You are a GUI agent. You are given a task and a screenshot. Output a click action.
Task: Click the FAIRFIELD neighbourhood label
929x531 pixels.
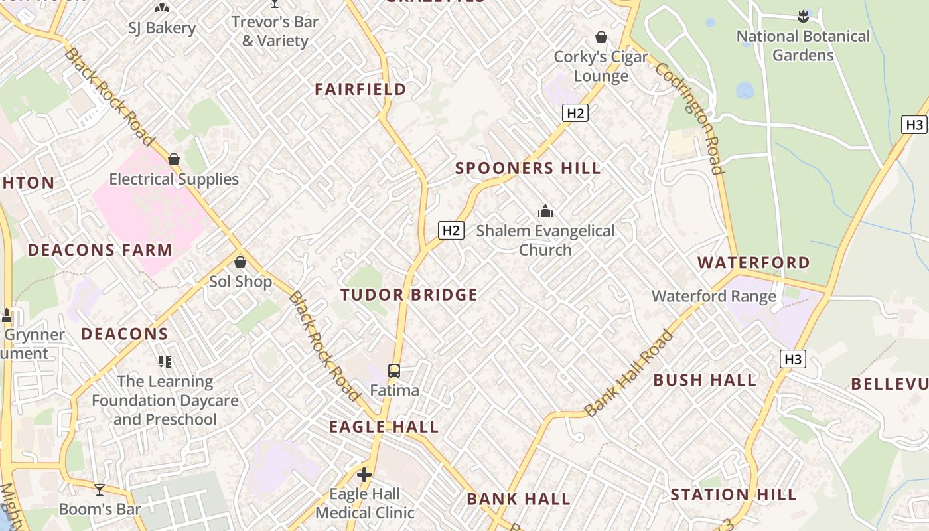(x=360, y=89)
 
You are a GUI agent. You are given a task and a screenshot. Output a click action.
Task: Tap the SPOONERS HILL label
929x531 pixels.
(x=528, y=168)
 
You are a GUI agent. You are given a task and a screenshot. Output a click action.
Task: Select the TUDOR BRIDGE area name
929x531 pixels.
(x=409, y=295)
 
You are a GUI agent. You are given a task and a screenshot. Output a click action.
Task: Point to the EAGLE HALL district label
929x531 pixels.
(x=384, y=427)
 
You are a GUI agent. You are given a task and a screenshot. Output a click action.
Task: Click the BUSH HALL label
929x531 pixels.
(x=705, y=380)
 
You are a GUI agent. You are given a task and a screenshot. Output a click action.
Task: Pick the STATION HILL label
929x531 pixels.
(x=733, y=494)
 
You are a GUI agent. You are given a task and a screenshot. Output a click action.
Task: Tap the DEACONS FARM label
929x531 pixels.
(x=100, y=250)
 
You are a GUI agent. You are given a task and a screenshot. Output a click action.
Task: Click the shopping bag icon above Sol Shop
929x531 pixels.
(x=240, y=262)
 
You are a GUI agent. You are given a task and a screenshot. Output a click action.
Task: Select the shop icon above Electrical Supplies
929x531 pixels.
(x=174, y=159)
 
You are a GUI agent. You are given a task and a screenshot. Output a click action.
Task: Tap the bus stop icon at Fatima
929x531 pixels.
(x=394, y=371)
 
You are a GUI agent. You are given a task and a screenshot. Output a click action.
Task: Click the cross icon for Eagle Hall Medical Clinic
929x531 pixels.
(x=364, y=475)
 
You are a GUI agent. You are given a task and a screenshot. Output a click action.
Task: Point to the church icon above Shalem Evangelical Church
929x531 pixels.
(x=545, y=212)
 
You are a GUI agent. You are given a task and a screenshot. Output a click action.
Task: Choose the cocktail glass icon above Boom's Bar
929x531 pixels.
(x=100, y=490)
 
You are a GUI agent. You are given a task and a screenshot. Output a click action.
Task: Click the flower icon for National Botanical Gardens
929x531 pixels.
(x=803, y=16)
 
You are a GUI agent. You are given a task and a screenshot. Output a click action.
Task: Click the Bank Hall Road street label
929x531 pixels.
(x=629, y=373)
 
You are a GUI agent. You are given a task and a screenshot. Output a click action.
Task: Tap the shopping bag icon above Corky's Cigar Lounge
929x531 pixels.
(x=601, y=37)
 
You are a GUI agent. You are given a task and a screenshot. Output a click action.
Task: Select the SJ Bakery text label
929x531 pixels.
(x=162, y=28)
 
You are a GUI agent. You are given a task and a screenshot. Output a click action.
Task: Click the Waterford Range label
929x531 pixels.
(x=714, y=296)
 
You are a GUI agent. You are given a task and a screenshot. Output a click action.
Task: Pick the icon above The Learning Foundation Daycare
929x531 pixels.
(x=165, y=362)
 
